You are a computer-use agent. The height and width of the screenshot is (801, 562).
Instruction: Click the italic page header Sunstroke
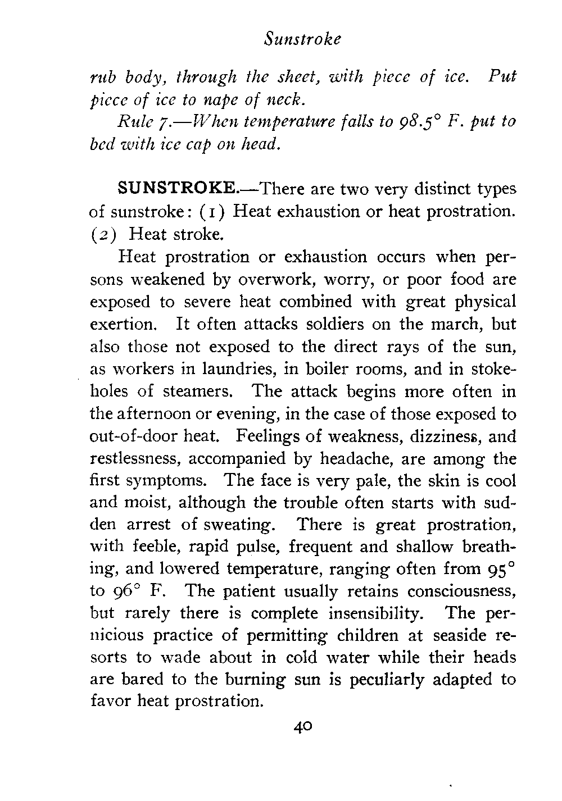point(303,40)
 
